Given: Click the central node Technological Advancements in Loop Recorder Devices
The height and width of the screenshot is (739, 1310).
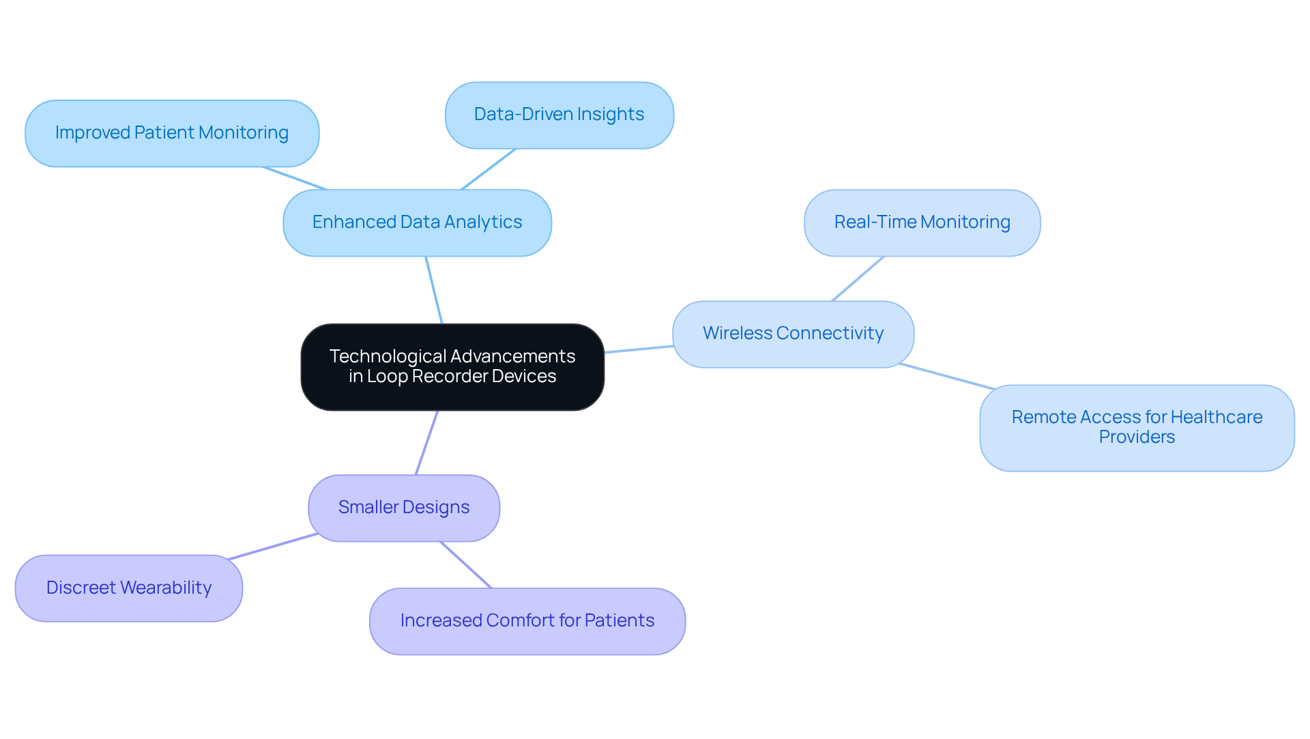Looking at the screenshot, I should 452,366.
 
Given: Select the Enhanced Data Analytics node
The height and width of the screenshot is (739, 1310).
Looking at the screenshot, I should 417,222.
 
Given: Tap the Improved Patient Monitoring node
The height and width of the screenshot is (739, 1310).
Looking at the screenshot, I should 172,133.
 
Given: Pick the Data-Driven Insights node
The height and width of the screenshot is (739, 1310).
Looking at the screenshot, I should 559,115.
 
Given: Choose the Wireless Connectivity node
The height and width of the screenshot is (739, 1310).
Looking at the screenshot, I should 793,334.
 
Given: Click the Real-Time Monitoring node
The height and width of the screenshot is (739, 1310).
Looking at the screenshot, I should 922,222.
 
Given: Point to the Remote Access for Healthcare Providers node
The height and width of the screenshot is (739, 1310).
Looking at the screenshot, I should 1137,427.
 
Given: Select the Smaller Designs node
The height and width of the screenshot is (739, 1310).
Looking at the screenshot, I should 404,508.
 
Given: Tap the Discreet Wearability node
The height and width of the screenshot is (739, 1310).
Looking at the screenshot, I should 129,588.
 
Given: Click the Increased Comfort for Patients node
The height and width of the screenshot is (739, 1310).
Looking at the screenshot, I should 527,621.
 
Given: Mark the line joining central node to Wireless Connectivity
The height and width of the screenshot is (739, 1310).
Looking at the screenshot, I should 639,349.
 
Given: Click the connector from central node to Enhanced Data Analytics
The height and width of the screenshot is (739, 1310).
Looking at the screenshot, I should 434,290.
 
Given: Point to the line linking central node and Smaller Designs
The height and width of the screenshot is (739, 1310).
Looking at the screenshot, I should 426,443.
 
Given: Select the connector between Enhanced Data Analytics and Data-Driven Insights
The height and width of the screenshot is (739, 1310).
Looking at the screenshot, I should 488,169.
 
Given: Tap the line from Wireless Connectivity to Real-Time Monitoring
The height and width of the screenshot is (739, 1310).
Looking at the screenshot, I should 858,279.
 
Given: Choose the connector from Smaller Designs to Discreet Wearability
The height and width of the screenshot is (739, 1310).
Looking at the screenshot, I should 273,547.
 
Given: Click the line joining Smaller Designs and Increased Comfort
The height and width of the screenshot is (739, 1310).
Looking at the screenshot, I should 465,565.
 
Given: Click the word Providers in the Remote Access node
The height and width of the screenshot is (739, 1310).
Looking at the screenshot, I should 1137,437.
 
